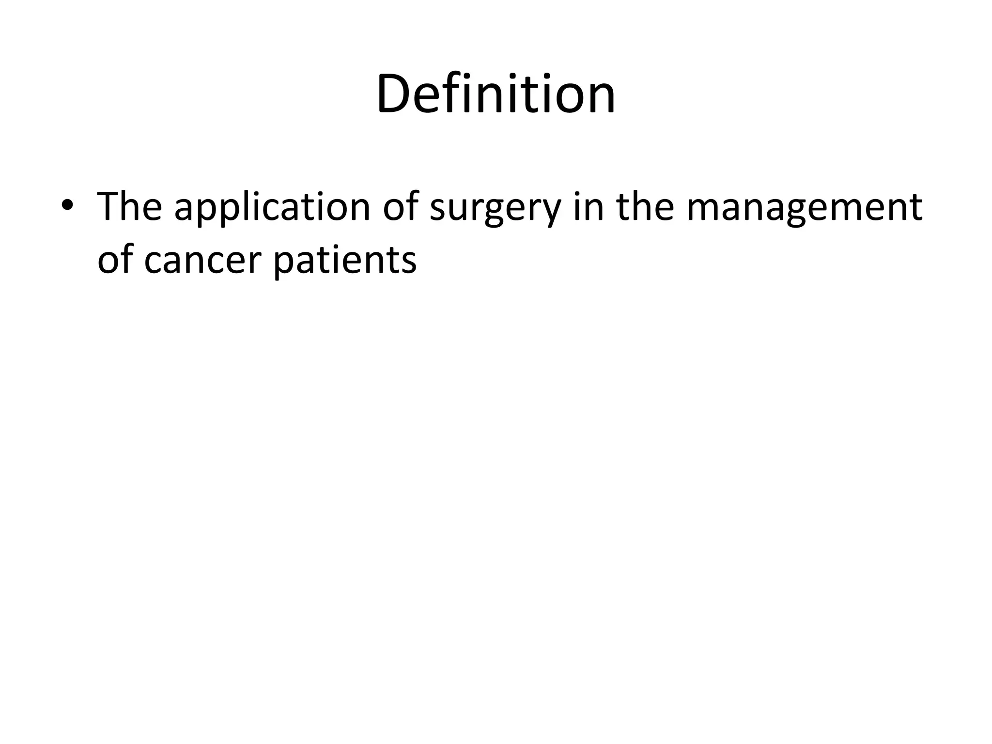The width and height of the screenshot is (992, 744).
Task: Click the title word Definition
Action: pos(496,93)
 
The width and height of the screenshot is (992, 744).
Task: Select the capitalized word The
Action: pos(129,207)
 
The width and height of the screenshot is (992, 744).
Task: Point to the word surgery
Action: pos(495,211)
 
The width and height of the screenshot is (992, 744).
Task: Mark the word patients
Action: pos(344,262)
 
